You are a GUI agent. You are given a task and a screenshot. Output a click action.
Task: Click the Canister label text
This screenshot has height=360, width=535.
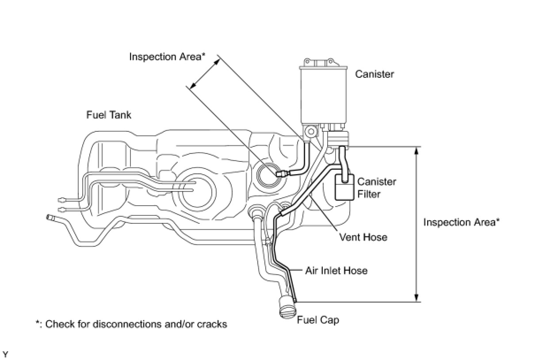(374, 74)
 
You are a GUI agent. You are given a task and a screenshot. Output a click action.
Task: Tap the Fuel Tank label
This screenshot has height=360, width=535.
(108, 115)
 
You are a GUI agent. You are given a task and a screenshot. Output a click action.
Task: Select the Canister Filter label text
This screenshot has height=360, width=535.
(376, 188)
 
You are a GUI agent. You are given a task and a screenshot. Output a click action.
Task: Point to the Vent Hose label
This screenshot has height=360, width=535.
(363, 237)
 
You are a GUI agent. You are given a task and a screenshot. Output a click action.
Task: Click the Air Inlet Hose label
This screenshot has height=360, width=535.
(336, 270)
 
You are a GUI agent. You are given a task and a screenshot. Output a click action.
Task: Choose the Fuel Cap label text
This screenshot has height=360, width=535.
(318, 320)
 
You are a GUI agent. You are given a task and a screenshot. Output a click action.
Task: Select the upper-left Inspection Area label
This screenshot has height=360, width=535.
(168, 57)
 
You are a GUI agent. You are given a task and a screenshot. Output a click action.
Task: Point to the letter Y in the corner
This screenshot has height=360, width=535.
(5, 354)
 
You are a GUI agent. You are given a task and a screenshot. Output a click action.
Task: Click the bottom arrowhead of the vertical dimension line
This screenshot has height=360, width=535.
(416, 298)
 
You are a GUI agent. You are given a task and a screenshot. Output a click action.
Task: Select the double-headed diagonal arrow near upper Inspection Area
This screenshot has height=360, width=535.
(204, 74)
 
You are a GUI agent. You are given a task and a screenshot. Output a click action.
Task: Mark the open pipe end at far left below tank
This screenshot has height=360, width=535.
(48, 217)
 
